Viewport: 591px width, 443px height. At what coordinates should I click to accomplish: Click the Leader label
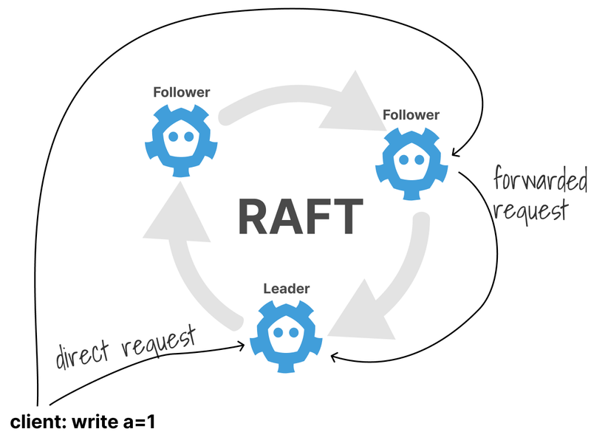287,289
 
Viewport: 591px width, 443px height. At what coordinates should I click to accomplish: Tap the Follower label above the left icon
182,93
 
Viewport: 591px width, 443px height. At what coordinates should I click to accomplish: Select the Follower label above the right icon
411,115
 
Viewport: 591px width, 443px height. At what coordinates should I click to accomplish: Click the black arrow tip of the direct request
244,344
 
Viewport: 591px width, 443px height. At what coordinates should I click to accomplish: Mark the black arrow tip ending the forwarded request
332,357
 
